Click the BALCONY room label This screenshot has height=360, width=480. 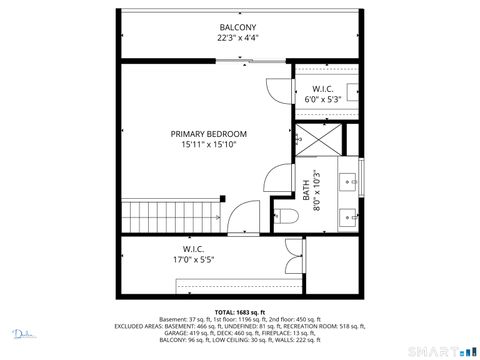[x=238, y=27]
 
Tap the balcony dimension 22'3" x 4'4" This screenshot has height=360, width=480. [x=238, y=38]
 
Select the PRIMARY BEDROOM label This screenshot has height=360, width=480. [x=208, y=134]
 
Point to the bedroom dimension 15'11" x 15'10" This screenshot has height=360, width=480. [x=208, y=145]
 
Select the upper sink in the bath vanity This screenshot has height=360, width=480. [x=349, y=181]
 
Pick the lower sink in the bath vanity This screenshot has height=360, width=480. [x=349, y=214]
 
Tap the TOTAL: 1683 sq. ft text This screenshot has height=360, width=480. [x=238, y=312]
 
